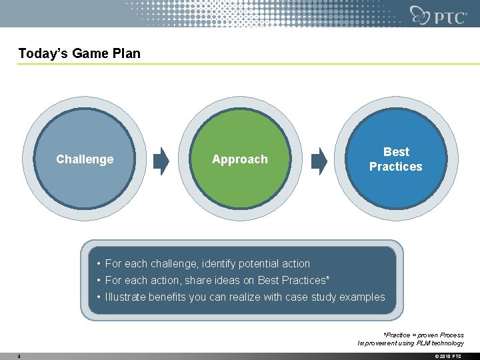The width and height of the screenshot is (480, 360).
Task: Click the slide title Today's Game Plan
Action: (79, 53)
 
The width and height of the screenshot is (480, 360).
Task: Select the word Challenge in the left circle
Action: (85, 159)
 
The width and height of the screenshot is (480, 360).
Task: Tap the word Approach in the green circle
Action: (239, 159)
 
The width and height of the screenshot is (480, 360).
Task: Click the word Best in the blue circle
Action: (396, 152)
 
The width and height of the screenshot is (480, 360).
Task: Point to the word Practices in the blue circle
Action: (396, 167)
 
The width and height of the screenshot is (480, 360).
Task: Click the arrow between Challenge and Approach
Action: (161, 160)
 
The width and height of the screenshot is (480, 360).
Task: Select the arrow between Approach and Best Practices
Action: (320, 160)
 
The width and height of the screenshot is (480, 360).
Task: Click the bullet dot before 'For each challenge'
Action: (98, 264)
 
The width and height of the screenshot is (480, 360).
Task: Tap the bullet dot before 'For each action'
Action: (98, 281)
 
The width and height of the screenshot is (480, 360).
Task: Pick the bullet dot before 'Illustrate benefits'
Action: (98, 297)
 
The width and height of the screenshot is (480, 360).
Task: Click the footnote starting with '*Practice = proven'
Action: (411, 339)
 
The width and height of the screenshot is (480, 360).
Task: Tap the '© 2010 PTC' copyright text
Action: (447, 356)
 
